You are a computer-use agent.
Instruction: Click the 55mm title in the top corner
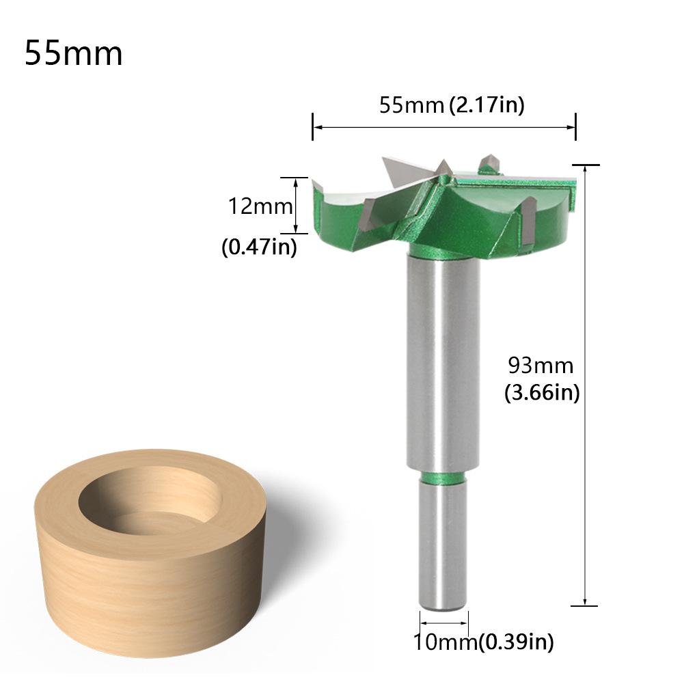[74, 53]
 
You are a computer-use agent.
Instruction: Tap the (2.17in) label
[487, 106]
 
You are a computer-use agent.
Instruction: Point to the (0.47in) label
[259, 247]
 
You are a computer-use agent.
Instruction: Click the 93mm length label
[541, 366]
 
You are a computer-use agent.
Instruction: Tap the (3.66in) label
[542, 393]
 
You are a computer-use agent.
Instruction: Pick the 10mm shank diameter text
[444, 642]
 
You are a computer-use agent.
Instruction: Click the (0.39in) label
[516, 642]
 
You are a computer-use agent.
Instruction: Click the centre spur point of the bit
[443, 167]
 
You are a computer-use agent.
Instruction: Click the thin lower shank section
[443, 547]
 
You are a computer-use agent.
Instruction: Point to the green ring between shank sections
[443, 476]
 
